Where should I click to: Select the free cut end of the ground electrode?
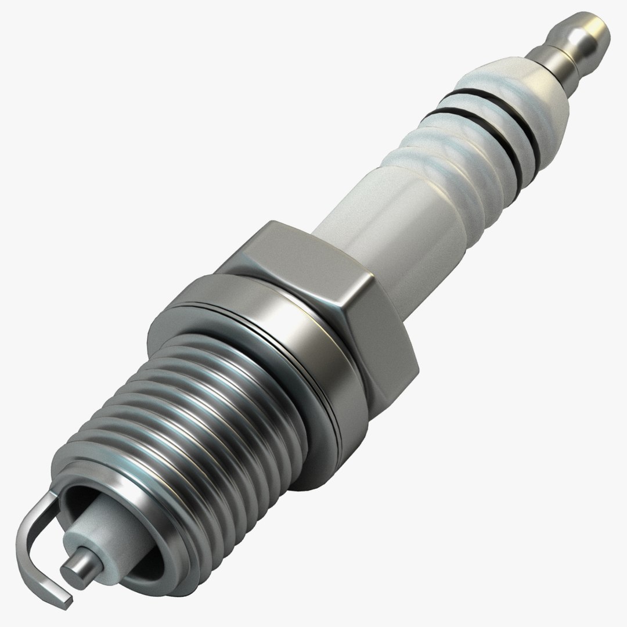tap(67, 598)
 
